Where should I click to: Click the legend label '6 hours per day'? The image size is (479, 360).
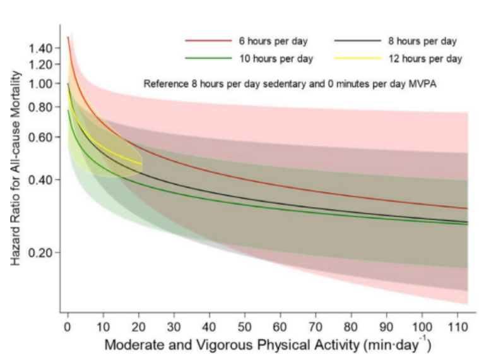click(x=273, y=42)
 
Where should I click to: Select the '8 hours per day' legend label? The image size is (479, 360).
click(x=422, y=42)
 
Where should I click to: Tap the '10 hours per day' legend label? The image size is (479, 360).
click(x=275, y=59)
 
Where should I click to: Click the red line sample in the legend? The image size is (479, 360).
click(x=208, y=42)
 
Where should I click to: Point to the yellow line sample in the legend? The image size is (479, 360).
click(x=358, y=59)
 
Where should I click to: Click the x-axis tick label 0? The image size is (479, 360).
click(x=68, y=327)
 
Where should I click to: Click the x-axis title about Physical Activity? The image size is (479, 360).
click(x=268, y=345)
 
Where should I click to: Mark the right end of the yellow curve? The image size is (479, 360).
click(x=141, y=164)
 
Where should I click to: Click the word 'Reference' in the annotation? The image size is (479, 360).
click(x=163, y=83)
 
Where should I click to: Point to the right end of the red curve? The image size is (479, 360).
click(x=468, y=208)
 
